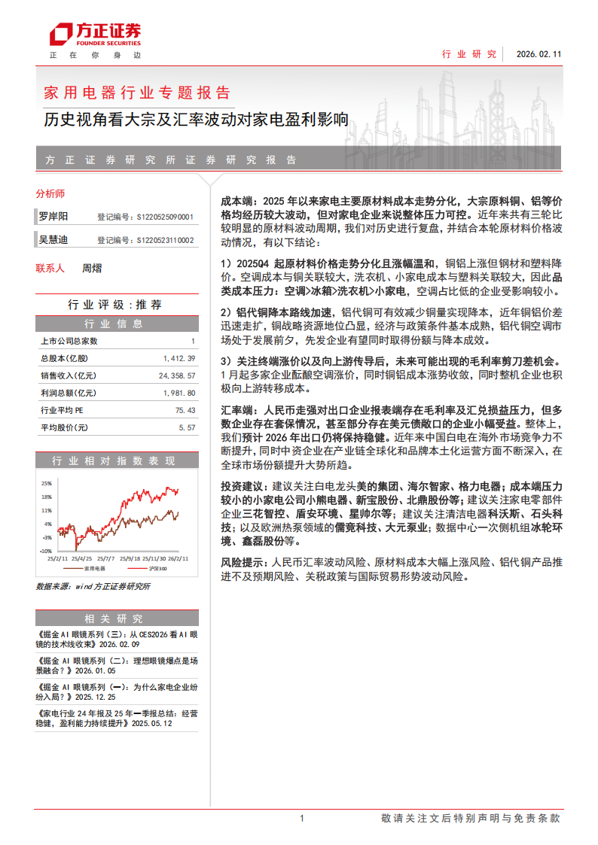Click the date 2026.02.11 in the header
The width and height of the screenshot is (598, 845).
[x=539, y=54]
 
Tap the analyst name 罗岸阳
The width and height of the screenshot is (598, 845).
[x=53, y=217]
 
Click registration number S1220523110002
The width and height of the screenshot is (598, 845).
[x=164, y=241]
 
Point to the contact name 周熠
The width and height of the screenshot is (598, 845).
[x=91, y=268]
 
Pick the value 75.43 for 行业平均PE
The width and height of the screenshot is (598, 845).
[x=185, y=411]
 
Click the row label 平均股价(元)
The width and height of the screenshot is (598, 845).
[x=64, y=427]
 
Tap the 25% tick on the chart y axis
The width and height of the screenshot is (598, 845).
[x=47, y=483]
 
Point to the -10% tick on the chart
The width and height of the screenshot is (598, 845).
[x=46, y=552]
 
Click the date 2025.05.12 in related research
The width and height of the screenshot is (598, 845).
[x=152, y=723]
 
